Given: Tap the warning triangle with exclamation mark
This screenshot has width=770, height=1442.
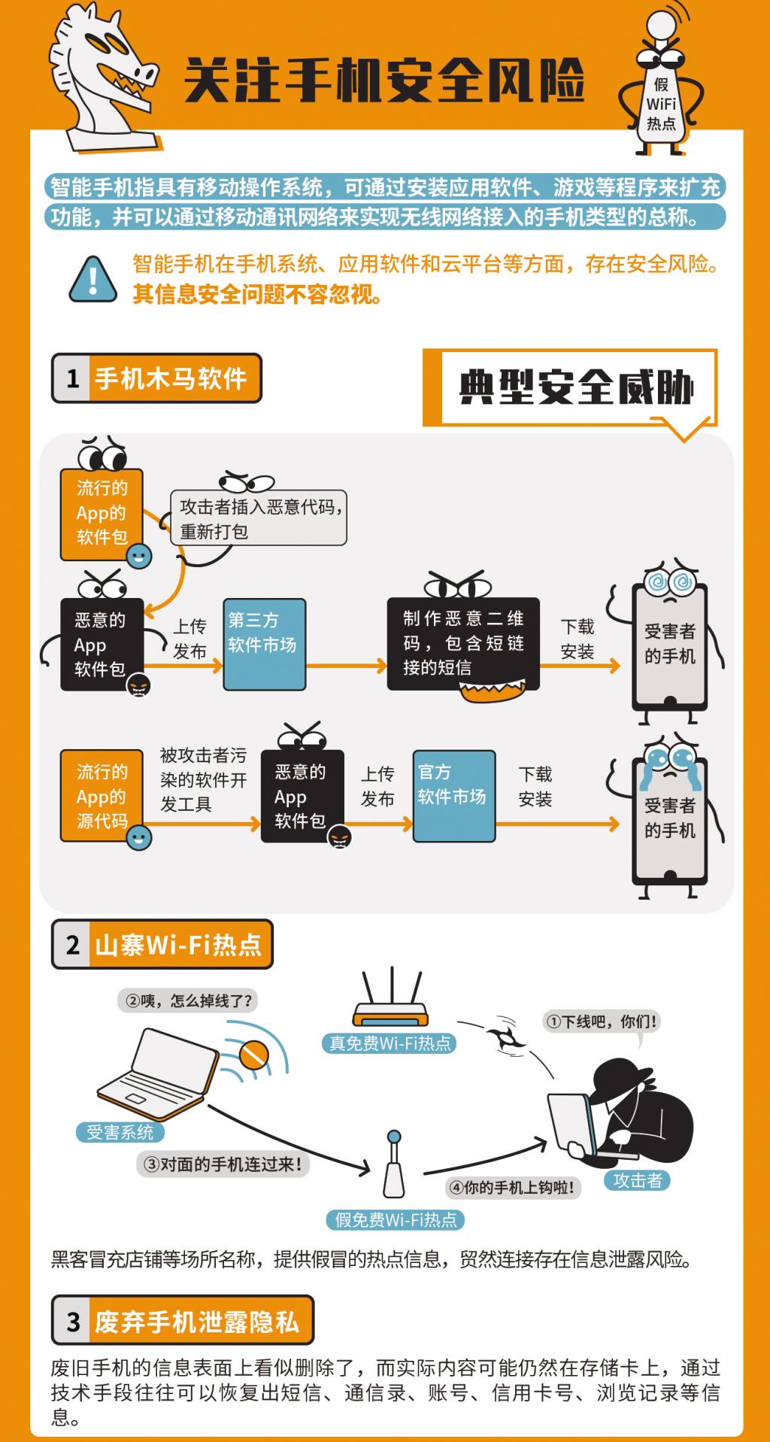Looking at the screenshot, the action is point(93,279).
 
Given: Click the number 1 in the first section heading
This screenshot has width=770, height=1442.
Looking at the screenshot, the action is point(72,378).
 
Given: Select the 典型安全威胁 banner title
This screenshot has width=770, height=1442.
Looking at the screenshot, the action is point(577,387).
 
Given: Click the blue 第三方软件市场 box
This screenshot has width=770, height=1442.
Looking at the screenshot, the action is point(264,644).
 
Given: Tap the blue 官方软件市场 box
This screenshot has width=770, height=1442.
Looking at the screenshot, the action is point(453,795).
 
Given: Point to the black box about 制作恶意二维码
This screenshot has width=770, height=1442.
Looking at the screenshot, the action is point(463,643).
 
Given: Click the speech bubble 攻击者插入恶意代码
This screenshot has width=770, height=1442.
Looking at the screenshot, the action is point(259,518).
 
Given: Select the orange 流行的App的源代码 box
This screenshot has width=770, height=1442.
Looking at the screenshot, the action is point(102,796).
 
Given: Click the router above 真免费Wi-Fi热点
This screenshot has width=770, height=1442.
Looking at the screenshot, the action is point(390,997).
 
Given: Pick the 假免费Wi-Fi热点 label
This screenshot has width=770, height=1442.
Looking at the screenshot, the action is point(396,1220).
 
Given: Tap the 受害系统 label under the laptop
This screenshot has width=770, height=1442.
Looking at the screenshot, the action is point(120,1132).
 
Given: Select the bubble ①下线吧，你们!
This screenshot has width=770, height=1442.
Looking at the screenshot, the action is point(601,1022).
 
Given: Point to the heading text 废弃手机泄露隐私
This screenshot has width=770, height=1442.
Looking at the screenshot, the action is point(197,1322).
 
